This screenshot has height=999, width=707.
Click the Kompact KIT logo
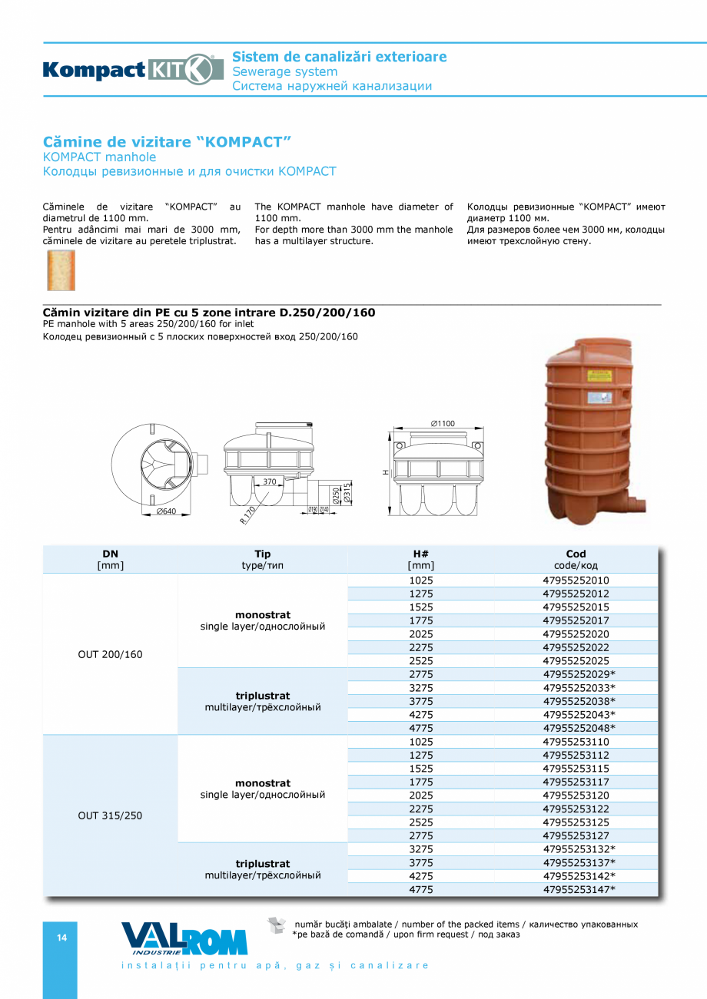[x=128, y=70]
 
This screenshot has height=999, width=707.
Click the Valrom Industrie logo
[x=184, y=938]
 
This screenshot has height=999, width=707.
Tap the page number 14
[x=61, y=938]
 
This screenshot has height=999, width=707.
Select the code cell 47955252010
[x=576, y=581]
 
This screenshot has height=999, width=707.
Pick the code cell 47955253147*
[x=579, y=889]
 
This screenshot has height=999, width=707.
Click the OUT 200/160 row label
[x=110, y=655]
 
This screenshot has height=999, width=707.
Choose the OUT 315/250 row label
[x=110, y=815]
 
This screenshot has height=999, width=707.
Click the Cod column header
[x=576, y=559]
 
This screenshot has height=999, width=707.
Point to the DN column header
[x=110, y=559]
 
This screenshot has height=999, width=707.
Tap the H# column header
[x=420, y=559]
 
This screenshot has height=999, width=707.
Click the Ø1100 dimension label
[x=442, y=424]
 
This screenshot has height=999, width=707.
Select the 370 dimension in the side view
[x=268, y=482]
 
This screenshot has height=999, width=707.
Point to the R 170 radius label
[x=247, y=514]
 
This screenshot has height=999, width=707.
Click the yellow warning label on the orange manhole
[x=599, y=376]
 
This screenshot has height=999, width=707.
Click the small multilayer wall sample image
[x=61, y=270]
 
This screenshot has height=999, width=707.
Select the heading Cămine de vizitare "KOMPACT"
[x=168, y=142]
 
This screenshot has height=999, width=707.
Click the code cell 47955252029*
[x=579, y=674]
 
